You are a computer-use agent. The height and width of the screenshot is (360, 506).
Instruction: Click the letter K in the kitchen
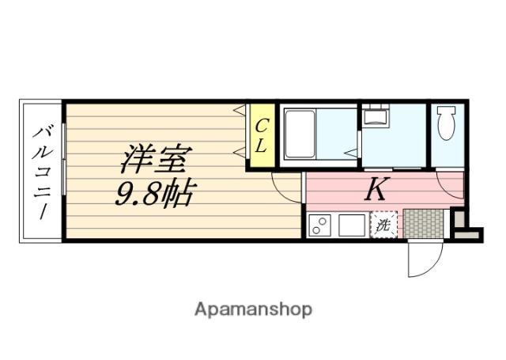[377, 190]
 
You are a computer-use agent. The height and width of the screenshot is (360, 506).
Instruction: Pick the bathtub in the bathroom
[300, 134]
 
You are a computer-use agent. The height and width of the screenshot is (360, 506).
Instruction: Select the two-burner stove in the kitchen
[320, 225]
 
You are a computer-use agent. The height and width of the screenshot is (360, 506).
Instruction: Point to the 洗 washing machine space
[383, 225]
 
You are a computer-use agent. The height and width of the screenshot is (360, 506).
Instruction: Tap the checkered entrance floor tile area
[425, 222]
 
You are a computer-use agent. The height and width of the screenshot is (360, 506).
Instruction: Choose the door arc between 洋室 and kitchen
[285, 188]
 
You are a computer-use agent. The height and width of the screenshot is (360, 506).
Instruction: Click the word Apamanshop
[253, 309]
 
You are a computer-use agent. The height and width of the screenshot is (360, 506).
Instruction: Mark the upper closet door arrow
[238, 111]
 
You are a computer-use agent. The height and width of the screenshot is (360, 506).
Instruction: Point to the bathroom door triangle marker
[349, 150]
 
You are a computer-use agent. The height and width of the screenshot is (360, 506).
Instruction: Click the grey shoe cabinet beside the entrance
[459, 224]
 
